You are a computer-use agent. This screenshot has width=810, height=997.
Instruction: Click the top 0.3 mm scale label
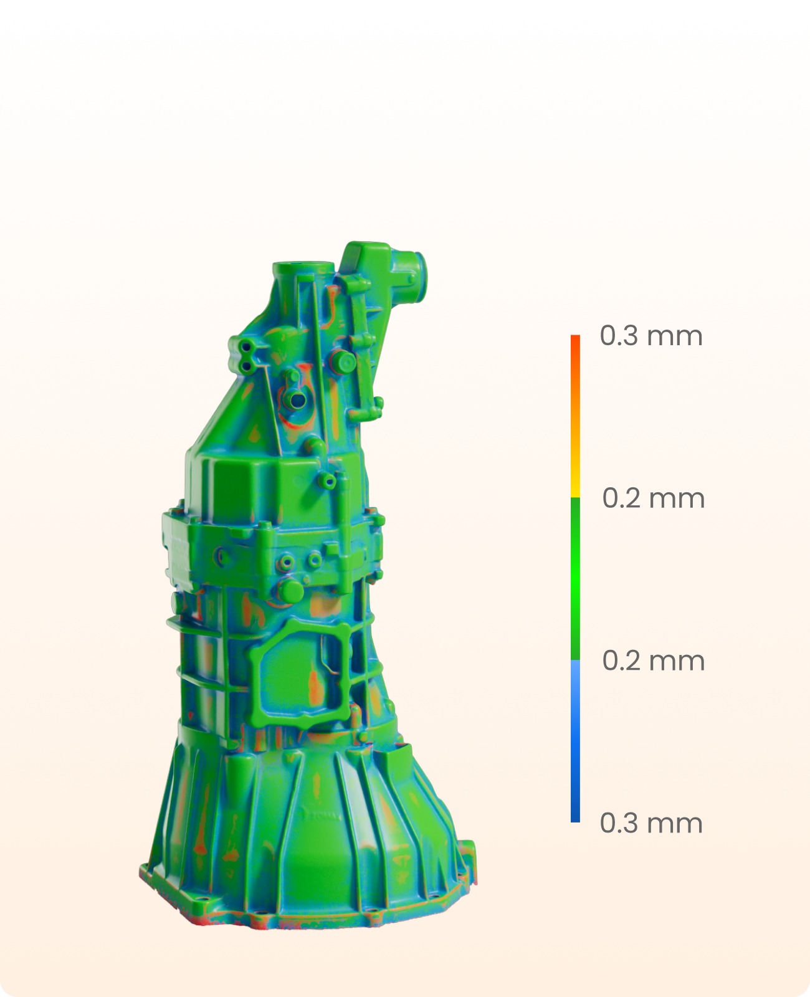pos(651,336)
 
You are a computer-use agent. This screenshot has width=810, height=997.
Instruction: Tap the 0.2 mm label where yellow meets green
pos(653,498)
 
